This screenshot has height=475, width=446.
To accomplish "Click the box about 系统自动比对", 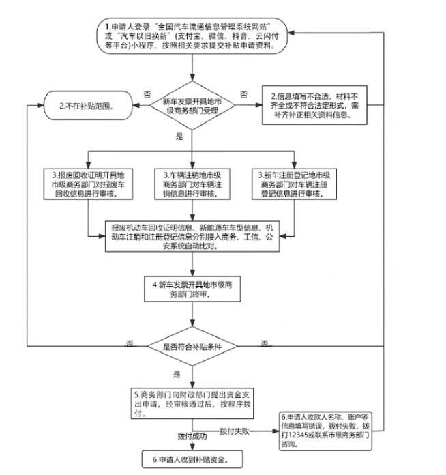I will coord(192,236).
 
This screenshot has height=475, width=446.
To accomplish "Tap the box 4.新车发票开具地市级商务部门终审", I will coord(192,290).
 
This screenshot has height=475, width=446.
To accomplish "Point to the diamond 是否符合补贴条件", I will coord(192,346).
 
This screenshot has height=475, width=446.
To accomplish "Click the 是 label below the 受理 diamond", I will coord(180,136).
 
